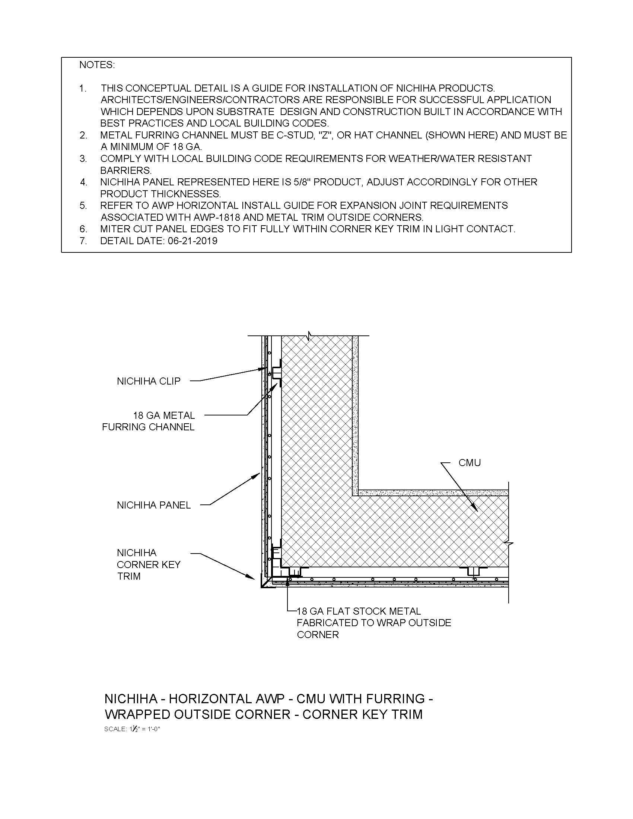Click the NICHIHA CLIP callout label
point(149,381)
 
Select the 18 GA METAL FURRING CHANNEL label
point(148,421)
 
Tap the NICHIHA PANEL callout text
point(154,505)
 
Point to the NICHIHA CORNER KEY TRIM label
point(149,564)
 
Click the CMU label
point(470,463)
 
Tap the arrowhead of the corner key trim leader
point(255,578)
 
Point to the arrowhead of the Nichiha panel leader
point(258,474)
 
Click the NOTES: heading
point(97,65)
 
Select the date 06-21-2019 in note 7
point(193,241)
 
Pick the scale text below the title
point(132,729)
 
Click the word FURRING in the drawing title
point(395,699)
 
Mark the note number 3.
point(83,159)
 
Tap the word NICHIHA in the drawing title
point(130,699)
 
